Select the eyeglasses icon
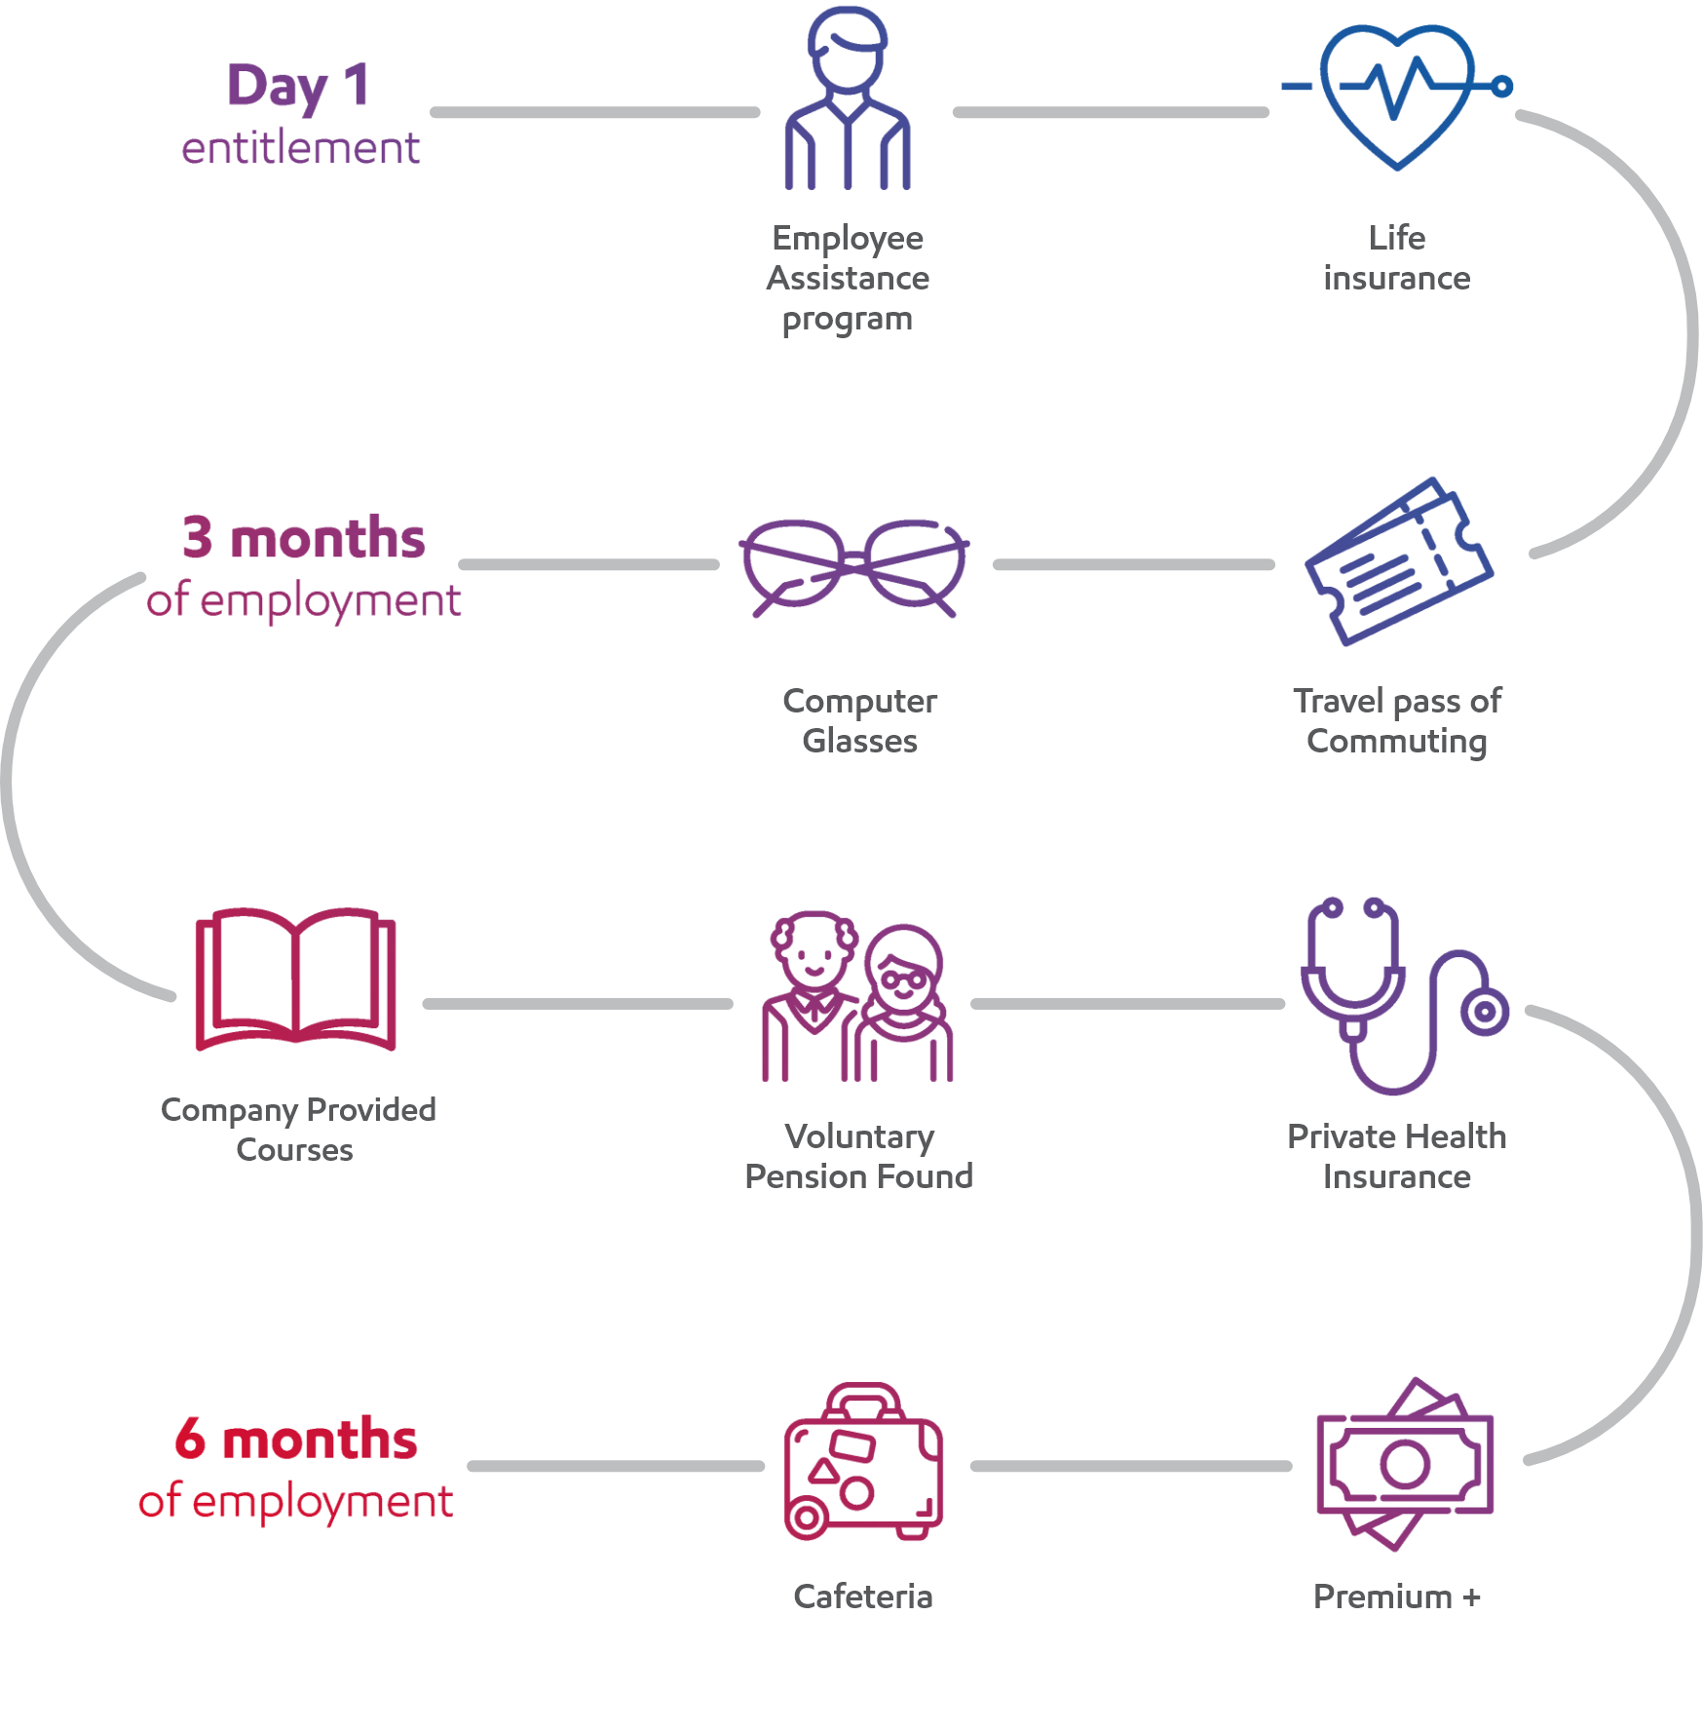pyautogui.click(x=853, y=566)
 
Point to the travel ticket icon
pyautogui.click(x=1399, y=561)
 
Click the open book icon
pyautogui.click(x=295, y=980)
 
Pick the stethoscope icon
pyautogui.click(x=1393, y=994)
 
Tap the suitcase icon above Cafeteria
pyautogui.click(x=863, y=1463)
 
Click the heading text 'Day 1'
pyautogui.click(x=298, y=86)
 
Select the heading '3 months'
pyautogui.click(x=304, y=538)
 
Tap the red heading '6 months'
pyautogui.click(x=295, y=1440)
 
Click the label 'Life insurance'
pyautogui.click(x=1396, y=258)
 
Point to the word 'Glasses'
pyautogui.click(x=859, y=742)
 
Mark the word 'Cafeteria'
pyautogui.click(x=862, y=1596)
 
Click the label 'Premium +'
pyautogui.click(x=1396, y=1596)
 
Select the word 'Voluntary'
pyautogui.click(x=859, y=1136)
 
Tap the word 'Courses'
pyautogui.click(x=294, y=1150)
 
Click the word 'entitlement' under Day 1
pyautogui.click(x=300, y=148)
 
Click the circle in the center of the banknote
pyautogui.click(x=1404, y=1464)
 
